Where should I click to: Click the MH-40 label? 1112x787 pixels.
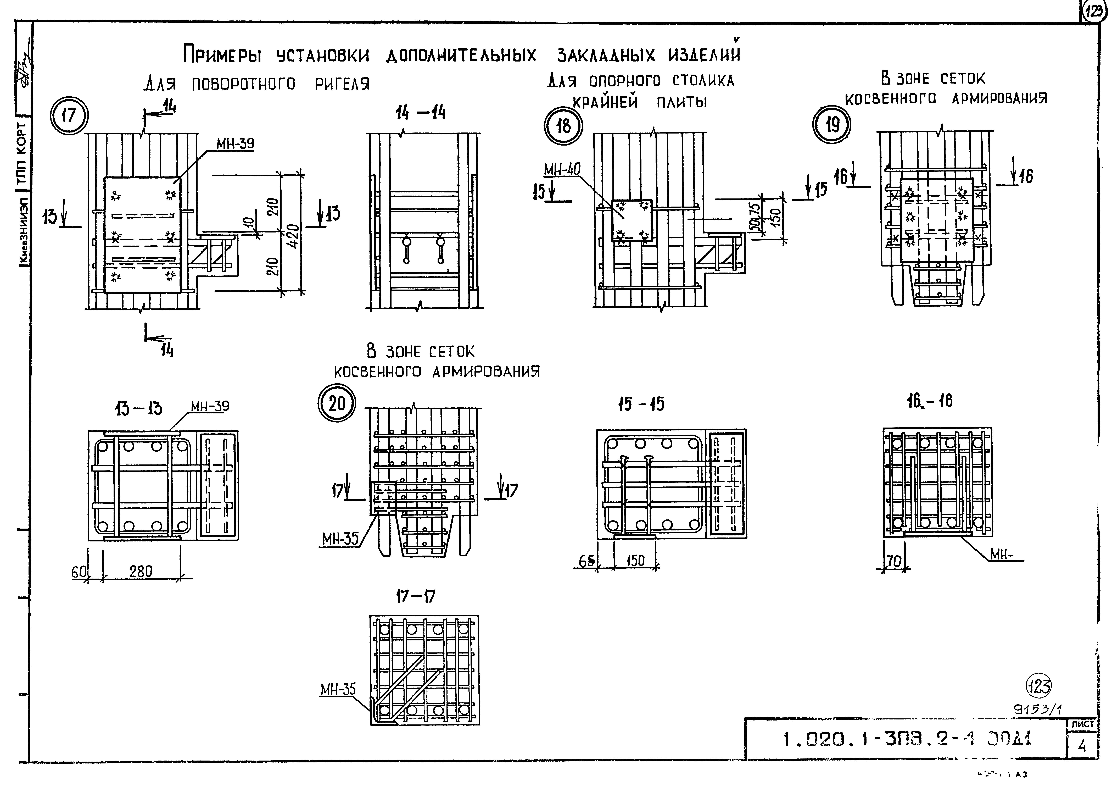click(x=562, y=170)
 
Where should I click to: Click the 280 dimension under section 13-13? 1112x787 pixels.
click(x=141, y=572)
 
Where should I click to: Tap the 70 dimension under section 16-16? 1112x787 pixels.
click(x=893, y=561)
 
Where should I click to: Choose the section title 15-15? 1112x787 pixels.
click(x=641, y=404)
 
